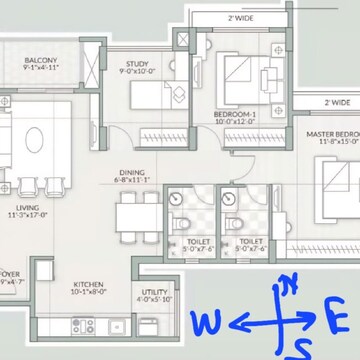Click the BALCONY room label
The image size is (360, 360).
point(41,62)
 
